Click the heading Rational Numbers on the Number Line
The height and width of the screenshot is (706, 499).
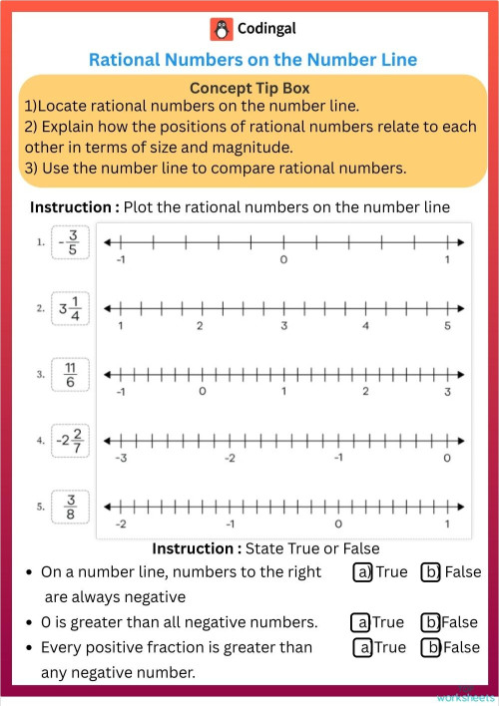252,60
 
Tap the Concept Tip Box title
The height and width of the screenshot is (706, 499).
252,87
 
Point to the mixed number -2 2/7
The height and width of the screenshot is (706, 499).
68,441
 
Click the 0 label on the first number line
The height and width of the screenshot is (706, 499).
283,260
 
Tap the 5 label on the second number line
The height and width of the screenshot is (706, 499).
447,326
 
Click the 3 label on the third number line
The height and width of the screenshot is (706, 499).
447,392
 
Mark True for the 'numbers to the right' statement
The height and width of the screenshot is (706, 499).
363,572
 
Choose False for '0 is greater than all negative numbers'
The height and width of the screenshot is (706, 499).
431,622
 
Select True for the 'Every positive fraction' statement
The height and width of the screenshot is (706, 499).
363,647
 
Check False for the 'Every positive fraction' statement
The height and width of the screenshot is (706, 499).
431,647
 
